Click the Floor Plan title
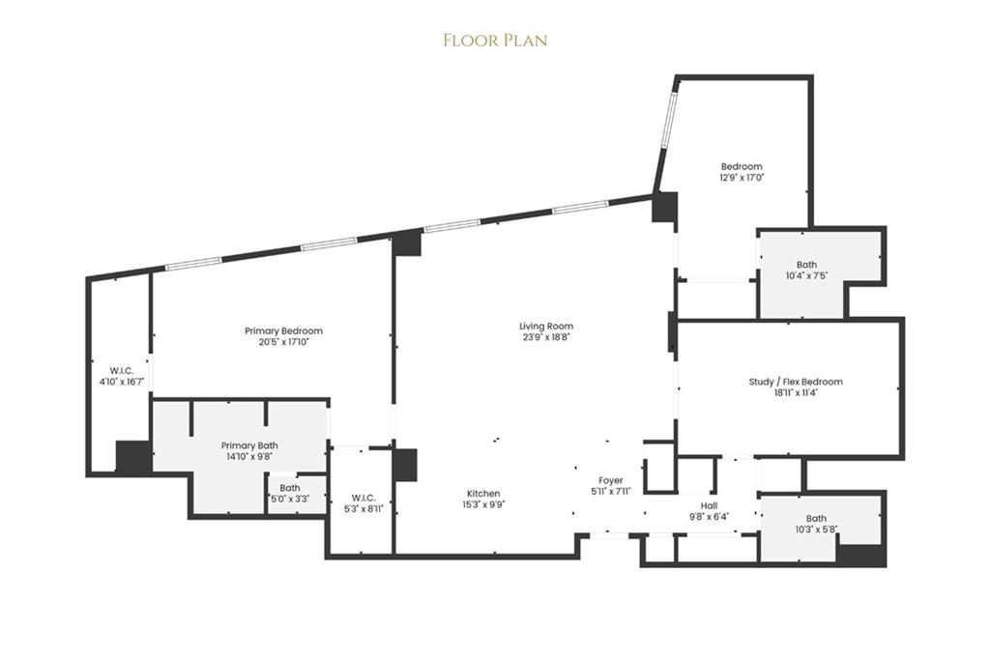coord(495,40)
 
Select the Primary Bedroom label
coord(283,331)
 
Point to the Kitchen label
coord(483,494)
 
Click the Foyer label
coord(610,480)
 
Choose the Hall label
coord(709,505)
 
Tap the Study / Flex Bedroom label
coord(796,382)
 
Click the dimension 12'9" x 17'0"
coord(741,178)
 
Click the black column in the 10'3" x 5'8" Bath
coord(860,556)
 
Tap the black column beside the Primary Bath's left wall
coord(133,457)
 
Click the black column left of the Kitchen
coord(405,465)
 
